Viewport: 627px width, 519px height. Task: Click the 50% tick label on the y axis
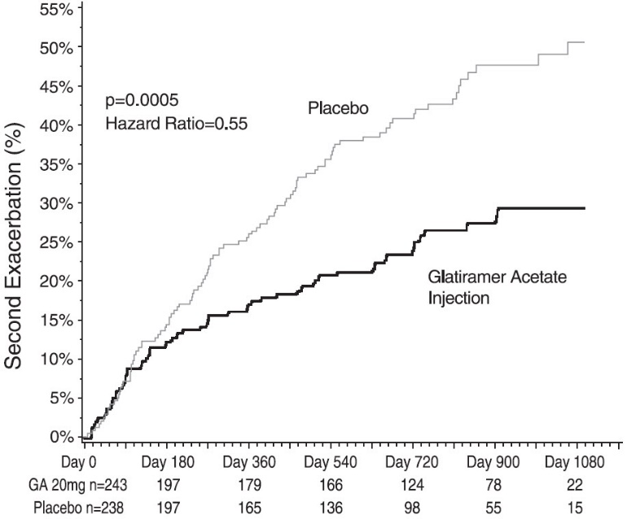click(55, 48)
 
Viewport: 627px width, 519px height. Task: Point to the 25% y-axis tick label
click(55, 242)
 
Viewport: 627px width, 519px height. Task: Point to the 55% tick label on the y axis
click(55, 9)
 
